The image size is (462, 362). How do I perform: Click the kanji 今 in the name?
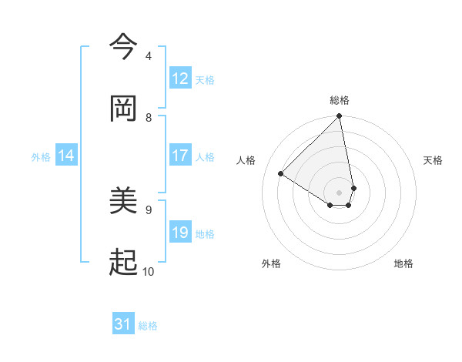[124, 48]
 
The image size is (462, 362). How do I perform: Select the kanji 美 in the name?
[124, 202]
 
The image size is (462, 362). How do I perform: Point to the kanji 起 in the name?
[124, 263]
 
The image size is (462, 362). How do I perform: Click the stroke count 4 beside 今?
[148, 55]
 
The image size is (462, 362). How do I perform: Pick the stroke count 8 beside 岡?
[148, 117]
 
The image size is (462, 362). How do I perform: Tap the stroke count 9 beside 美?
[148, 209]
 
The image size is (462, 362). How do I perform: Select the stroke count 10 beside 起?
[148, 271]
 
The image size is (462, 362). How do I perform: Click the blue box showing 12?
[180, 79]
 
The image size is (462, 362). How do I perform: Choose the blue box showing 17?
[180, 156]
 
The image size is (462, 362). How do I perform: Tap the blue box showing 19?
[180, 233]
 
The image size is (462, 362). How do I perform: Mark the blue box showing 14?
[66, 156]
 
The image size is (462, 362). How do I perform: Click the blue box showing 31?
[123, 325]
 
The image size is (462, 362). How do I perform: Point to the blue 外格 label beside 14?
[41, 157]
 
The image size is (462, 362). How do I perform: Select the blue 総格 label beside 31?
[148, 326]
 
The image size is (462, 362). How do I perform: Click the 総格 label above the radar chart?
[340, 100]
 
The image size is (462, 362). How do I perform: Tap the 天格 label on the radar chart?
[433, 160]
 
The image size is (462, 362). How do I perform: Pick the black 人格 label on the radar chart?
[246, 160]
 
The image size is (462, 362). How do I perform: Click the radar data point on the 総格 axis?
[339, 117]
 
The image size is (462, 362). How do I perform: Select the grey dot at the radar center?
[339, 192]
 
